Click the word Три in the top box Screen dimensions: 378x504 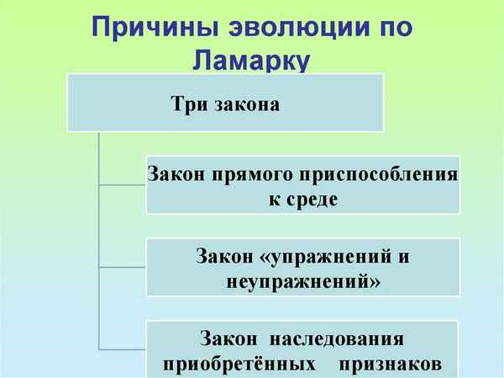coord(187,106)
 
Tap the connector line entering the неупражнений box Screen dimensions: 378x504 coord(123,267)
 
